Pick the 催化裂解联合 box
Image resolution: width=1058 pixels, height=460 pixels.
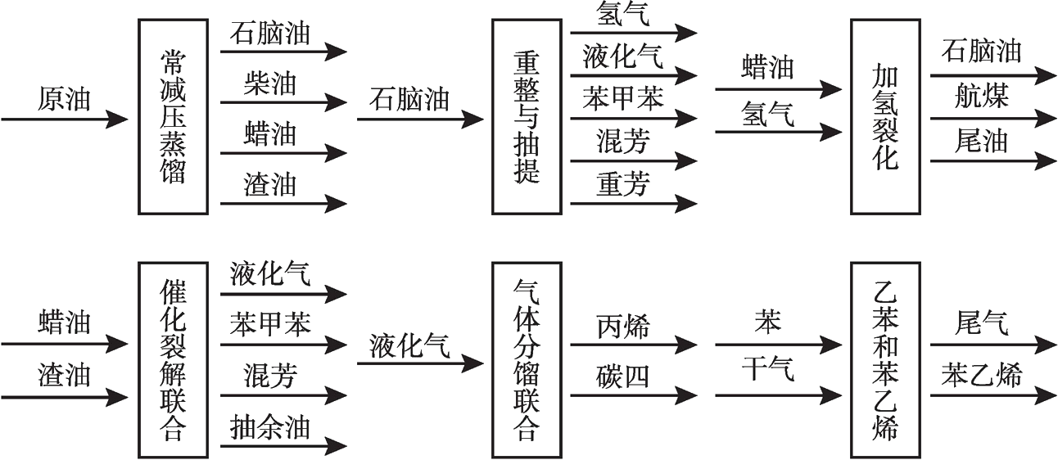[173, 359]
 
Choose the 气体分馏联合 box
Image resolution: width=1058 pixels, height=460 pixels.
[527, 359]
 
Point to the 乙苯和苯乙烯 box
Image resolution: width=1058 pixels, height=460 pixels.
[885, 359]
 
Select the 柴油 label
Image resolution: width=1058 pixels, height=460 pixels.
[269, 83]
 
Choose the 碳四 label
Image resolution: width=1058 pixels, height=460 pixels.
[622, 376]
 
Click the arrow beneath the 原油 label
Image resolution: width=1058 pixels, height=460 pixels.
[64, 120]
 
